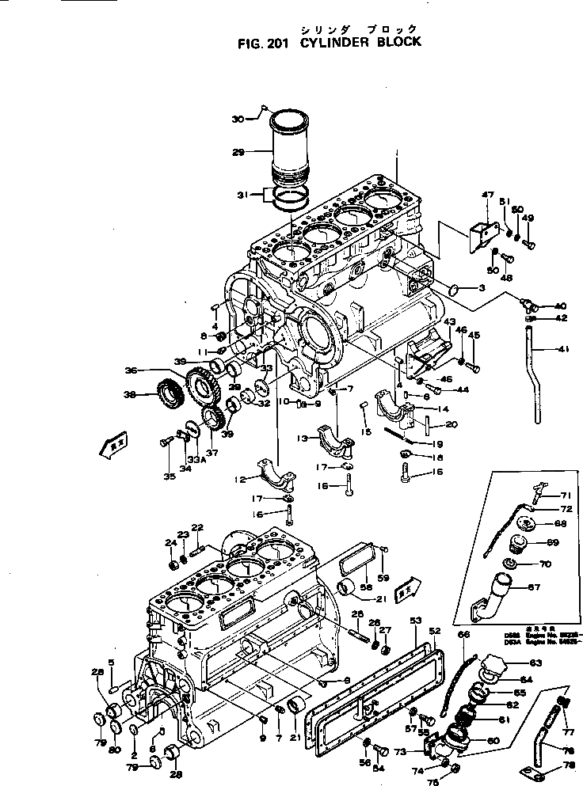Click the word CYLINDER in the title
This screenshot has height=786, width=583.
[x=333, y=43]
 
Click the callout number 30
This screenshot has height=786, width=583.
[x=238, y=119]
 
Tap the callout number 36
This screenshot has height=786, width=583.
[x=132, y=370]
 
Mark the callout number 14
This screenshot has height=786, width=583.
[x=443, y=408]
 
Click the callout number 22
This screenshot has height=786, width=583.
[x=197, y=528]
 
